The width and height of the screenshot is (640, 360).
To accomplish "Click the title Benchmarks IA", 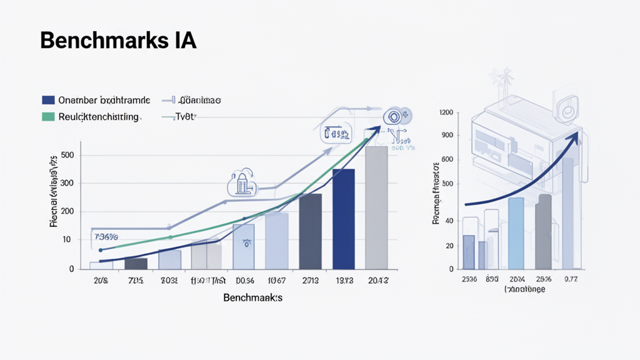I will point(118,41).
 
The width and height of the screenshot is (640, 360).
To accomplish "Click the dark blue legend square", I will point(48,100).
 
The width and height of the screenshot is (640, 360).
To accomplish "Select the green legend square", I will point(48,116).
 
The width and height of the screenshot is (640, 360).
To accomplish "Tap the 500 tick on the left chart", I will point(67,155).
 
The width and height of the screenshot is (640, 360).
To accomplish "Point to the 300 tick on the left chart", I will point(67,183).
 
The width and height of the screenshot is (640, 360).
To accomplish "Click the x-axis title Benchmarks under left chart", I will point(252,298).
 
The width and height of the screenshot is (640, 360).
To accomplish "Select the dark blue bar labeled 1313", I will point(343,218).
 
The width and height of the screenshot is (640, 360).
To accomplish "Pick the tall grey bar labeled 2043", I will point(376,207).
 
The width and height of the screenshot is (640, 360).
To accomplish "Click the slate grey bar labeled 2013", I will point(310,231).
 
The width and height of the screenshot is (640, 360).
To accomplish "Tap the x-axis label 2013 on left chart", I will point(309,281).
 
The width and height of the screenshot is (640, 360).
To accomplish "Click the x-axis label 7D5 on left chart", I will point(135,281).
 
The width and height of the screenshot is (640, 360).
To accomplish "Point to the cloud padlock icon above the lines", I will point(242,182).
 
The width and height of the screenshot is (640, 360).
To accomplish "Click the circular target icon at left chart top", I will point(394,116).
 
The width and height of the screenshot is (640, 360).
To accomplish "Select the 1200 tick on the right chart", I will point(446,112).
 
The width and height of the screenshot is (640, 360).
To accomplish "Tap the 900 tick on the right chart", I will point(447,135).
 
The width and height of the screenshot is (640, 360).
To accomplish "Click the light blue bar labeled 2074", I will point(516,232).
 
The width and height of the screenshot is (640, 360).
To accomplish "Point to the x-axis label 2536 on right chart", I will point(469,279).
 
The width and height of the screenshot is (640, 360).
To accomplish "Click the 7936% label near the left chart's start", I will point(106,237).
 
